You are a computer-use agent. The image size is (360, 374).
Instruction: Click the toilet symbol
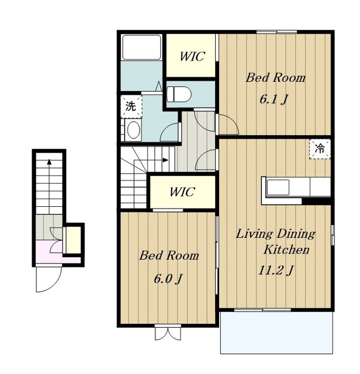coord(179,94)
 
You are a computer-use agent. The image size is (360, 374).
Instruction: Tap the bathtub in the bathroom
coord(141,47)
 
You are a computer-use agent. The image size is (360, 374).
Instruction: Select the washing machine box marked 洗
coord(131,106)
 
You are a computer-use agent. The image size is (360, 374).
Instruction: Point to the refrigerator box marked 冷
coord(320,150)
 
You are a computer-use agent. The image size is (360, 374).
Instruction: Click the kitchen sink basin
coord(278,187)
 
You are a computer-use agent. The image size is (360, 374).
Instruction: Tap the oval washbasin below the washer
coord(133,130)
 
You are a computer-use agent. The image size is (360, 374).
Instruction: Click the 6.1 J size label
coord(274,99)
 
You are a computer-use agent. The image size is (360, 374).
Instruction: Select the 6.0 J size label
coord(168,279)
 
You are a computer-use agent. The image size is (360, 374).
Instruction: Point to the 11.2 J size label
coord(276,271)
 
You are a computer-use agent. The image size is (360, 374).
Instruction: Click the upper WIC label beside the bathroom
coord(192,57)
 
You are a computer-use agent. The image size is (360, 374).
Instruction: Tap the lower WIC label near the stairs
coord(182,192)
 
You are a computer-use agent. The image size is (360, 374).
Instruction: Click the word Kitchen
coord(286,250)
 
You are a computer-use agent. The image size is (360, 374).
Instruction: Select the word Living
coord(254,234)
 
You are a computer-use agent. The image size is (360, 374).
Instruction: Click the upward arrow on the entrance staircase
coord(49,186)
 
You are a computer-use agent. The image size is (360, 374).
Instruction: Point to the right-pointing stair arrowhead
coord(165,160)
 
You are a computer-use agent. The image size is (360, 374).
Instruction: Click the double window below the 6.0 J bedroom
coord(168,332)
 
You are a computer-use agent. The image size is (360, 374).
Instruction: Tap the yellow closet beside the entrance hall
coord(73,240)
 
